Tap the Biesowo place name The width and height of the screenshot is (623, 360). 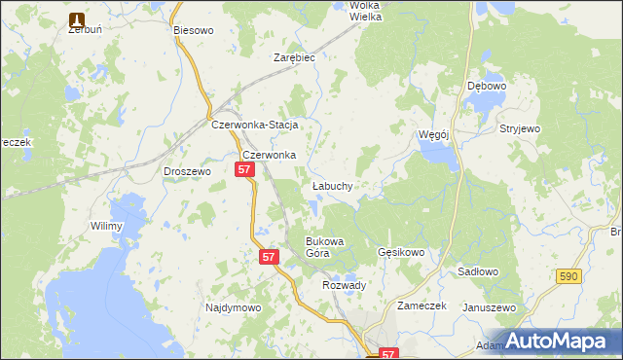click(193, 30)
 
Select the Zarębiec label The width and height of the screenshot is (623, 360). click(294, 57)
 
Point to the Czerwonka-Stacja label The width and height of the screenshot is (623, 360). click(254, 126)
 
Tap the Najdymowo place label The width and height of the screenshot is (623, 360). click(234, 307)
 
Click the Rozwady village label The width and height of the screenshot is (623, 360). click(344, 285)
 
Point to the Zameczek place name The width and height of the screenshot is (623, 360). click(421, 306)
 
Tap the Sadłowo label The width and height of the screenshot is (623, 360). click(477, 272)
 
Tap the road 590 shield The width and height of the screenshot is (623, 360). click(570, 277)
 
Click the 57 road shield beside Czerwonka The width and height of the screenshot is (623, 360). click(244, 169)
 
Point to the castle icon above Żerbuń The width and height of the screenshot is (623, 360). click(77, 18)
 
